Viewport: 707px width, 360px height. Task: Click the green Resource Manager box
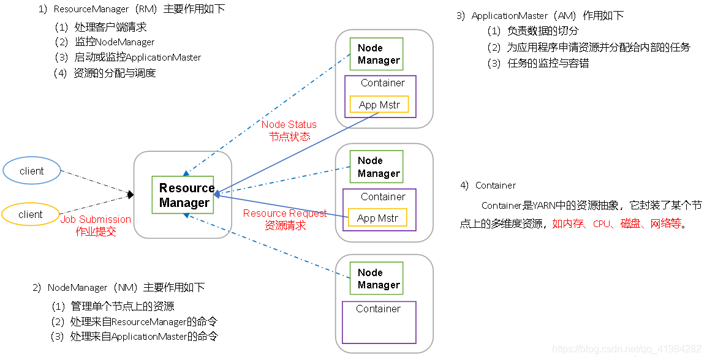tap(183, 195)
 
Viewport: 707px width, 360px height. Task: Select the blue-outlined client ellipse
tap(32, 171)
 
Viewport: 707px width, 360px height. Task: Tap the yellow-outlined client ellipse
tap(31, 214)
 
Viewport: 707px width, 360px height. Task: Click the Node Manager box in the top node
tap(377, 54)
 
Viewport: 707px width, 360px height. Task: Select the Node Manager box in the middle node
tap(377, 167)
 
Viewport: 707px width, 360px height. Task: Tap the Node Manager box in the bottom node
tap(377, 279)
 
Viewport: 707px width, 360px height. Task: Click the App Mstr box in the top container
tap(379, 105)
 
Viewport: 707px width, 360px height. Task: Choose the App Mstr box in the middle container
tap(377, 217)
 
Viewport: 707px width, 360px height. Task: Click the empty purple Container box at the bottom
tap(379, 322)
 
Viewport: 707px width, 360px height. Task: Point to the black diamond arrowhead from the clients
tap(130, 195)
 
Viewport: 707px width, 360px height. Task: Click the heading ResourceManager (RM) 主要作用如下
tap(132, 9)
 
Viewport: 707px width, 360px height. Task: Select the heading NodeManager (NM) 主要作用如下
tap(119, 288)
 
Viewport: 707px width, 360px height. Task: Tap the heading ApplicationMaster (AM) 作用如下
tap(540, 16)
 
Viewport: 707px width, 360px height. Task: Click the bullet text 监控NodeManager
tap(115, 42)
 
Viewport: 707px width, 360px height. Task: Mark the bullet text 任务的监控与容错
tap(548, 63)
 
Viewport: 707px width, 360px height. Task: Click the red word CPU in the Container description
tap(602, 223)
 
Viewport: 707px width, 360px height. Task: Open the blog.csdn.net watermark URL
tap(627, 349)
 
